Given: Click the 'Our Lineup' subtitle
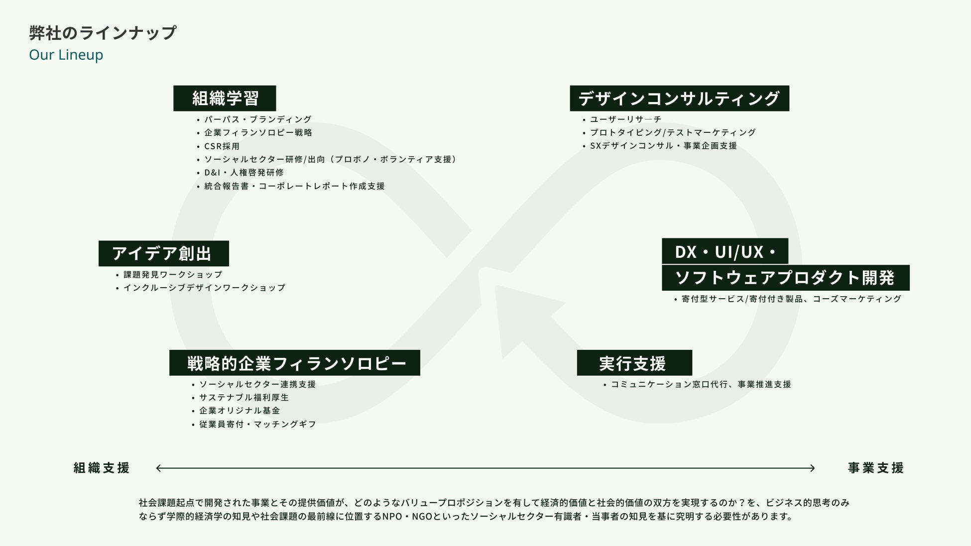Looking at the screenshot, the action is pyautogui.click(x=66, y=55).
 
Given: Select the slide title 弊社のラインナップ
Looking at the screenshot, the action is pyautogui.click(x=103, y=33).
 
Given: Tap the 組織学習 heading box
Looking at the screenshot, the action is pyautogui.click(x=225, y=98).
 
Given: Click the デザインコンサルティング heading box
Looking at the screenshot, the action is pyautogui.click(x=679, y=98).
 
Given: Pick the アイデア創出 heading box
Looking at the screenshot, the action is pyautogui.click(x=163, y=253).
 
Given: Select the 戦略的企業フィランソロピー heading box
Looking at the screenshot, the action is pyautogui.click(x=294, y=363).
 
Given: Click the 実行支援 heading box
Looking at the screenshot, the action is pyautogui.click(x=634, y=363).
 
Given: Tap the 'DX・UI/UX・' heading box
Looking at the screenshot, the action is pyautogui.click(x=725, y=251).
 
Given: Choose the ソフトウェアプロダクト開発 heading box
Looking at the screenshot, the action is pyautogui.click(x=785, y=278).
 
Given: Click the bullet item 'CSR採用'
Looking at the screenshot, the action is pyautogui.click(x=222, y=146).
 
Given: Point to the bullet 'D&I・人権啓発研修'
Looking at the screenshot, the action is pyautogui.click(x=244, y=173).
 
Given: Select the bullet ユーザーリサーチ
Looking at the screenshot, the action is pyautogui.click(x=626, y=119).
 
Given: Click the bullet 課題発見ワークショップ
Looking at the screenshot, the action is pyautogui.click(x=173, y=275).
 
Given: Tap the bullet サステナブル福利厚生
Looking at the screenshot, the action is pyautogui.click(x=244, y=398).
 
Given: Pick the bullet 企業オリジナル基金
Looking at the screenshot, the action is pyautogui.click(x=240, y=411).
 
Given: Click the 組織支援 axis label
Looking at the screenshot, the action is pyautogui.click(x=102, y=468).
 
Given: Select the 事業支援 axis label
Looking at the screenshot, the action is pyautogui.click(x=875, y=468).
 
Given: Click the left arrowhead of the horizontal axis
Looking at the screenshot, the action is pyautogui.click(x=159, y=468).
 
